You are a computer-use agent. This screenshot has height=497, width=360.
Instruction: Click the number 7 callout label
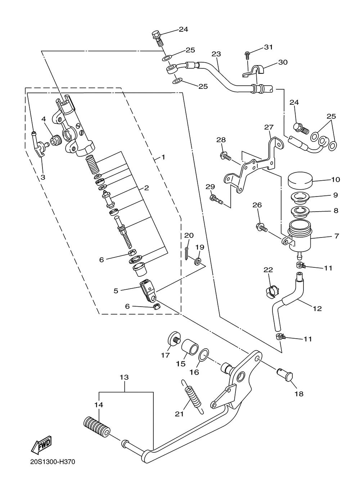coord(337,236)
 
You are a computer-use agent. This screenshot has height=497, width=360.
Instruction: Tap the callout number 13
coord(124,377)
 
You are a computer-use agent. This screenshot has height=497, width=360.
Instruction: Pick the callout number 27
coord(269,127)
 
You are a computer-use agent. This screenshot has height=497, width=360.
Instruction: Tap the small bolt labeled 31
coord(247,55)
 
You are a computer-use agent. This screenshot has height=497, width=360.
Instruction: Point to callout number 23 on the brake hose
coord(216,54)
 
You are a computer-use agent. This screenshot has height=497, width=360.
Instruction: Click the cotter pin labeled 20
coord(187,253)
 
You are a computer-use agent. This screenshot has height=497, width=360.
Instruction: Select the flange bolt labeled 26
coord(262,228)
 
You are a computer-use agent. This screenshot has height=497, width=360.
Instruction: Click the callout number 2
coord(146,188)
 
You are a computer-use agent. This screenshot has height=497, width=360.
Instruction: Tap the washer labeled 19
coord(198,261)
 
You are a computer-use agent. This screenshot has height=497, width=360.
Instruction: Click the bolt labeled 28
coord(225,156)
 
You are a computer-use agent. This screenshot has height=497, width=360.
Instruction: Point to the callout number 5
coord(116,291)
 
